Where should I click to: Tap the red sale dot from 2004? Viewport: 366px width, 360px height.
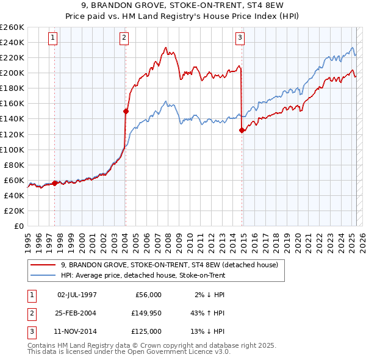tap(126, 111)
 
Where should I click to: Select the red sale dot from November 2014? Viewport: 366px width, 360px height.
tap(242, 130)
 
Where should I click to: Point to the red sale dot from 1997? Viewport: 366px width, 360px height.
tap(55, 182)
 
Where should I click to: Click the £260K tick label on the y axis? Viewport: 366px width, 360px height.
tap(12, 27)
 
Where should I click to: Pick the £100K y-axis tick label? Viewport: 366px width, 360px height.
tap(12, 149)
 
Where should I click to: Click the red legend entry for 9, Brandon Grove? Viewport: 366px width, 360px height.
tap(170, 265)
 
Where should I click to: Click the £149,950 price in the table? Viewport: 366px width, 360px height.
tap(146, 313)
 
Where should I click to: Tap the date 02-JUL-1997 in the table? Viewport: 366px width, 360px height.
tap(77, 295)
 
